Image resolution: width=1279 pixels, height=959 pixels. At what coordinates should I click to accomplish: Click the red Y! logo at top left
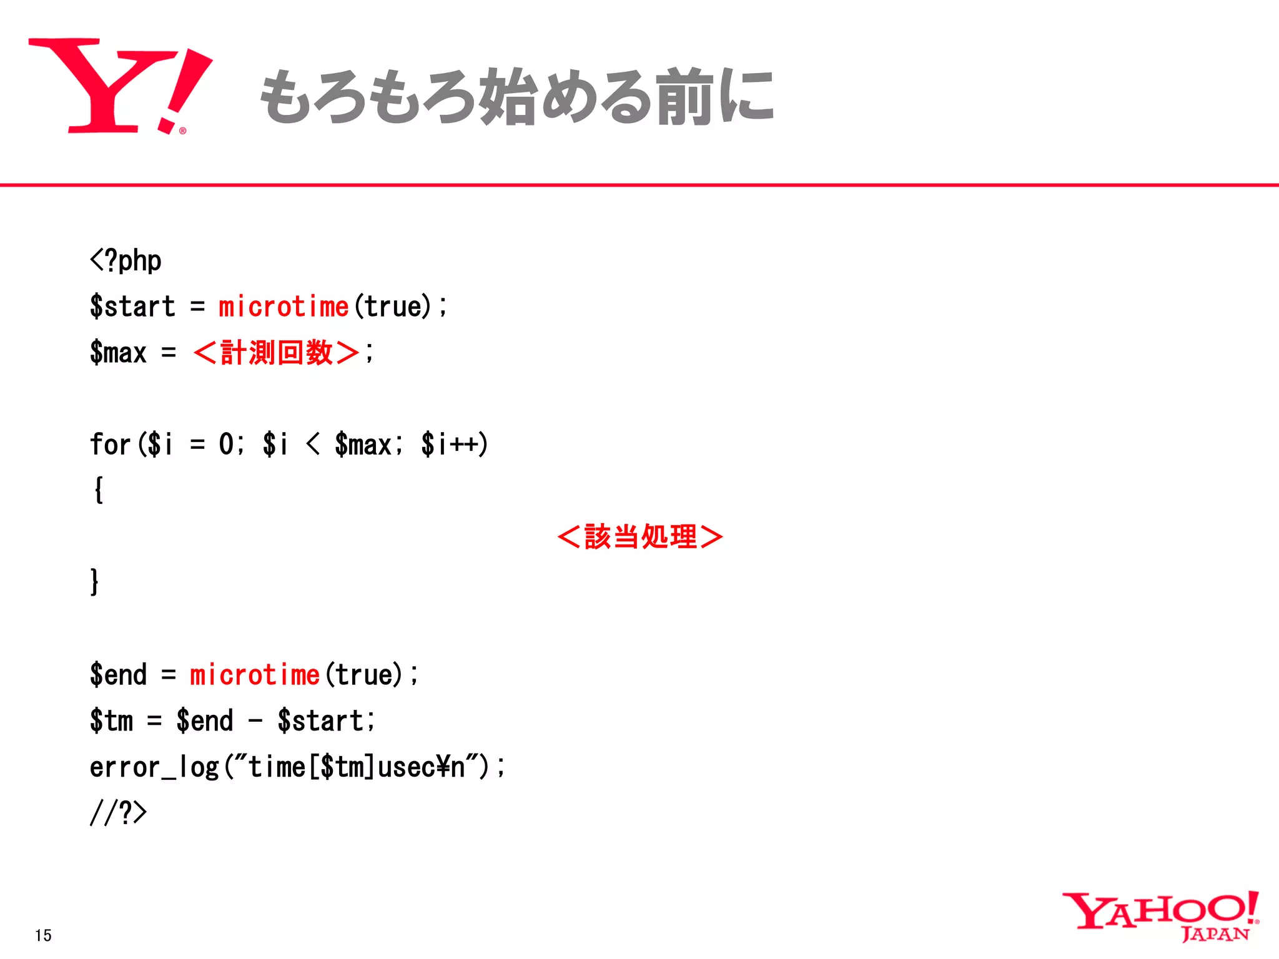click(119, 86)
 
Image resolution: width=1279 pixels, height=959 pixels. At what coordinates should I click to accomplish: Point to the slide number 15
click(43, 935)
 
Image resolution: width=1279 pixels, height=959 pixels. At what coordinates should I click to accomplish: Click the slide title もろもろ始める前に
click(517, 97)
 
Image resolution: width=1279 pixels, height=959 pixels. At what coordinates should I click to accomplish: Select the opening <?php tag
click(126, 261)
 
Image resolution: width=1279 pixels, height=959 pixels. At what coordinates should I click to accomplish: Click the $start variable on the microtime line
click(132, 307)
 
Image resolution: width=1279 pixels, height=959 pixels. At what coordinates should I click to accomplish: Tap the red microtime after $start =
click(283, 307)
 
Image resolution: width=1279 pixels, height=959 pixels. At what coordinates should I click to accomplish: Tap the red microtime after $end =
click(255, 675)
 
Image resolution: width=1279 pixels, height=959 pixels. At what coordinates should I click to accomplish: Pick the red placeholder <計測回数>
click(276, 353)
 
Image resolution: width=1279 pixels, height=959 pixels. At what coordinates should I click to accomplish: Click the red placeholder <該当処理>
click(640, 536)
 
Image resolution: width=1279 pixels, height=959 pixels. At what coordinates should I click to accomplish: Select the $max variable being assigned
click(118, 353)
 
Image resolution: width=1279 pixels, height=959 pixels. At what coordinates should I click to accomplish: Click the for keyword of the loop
click(110, 445)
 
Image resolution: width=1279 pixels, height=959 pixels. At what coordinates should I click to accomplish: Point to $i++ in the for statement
click(454, 445)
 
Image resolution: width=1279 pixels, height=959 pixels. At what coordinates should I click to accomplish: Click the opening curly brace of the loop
click(98, 490)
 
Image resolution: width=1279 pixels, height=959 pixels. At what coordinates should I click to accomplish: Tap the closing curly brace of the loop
click(94, 582)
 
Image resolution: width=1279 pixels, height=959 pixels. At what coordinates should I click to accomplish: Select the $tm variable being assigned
click(112, 721)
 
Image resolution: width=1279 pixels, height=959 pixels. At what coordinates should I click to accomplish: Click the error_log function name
click(154, 767)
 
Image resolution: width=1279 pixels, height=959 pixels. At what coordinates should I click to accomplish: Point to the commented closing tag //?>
click(118, 813)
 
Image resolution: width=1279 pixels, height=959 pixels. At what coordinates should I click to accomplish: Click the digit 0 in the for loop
click(226, 445)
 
